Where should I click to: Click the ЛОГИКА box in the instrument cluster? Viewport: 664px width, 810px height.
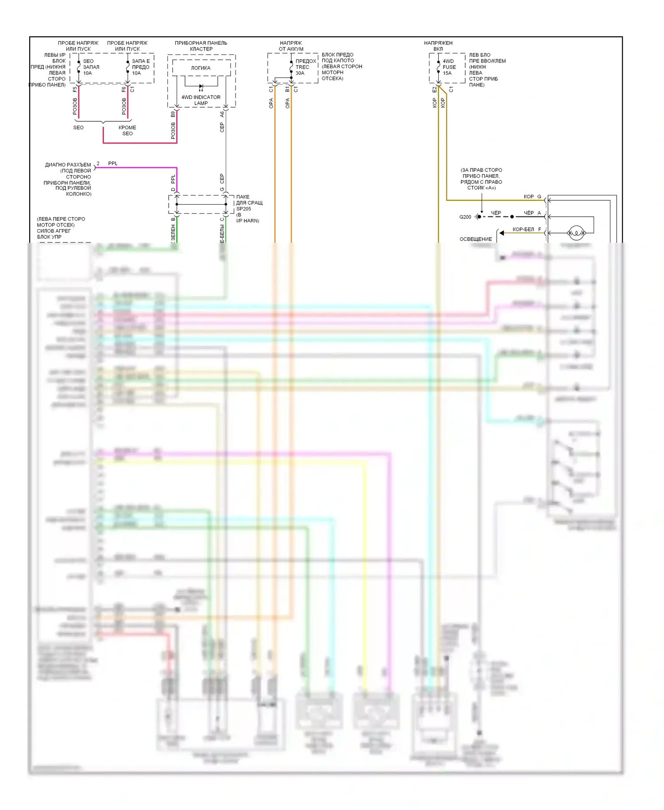[201, 68]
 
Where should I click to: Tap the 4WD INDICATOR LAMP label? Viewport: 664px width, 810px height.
[201, 100]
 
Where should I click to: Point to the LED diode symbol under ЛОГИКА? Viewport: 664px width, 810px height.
[201, 87]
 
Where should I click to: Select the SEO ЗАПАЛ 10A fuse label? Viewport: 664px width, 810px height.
[91, 67]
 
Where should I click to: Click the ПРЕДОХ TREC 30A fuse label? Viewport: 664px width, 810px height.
[305, 67]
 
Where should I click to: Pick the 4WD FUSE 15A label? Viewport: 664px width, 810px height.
[449, 67]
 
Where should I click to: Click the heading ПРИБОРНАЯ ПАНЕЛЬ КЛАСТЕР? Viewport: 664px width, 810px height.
[201, 46]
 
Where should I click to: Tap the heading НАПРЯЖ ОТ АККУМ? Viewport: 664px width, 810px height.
[291, 46]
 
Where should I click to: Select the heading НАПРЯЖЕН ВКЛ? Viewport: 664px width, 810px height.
[438, 46]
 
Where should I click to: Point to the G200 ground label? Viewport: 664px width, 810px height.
[465, 217]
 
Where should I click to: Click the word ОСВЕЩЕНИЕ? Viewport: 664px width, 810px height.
[475, 239]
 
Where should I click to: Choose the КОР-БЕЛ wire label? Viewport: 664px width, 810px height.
[523, 230]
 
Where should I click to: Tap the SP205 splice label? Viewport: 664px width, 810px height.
[243, 209]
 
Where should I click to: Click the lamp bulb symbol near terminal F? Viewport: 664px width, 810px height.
[576, 232]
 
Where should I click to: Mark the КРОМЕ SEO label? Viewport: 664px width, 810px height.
[127, 130]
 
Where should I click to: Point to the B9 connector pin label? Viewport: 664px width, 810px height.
[173, 114]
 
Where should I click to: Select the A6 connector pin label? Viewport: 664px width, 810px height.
[222, 114]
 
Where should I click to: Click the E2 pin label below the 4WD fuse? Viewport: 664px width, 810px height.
[435, 90]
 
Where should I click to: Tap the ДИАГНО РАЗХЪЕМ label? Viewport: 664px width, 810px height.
[68, 165]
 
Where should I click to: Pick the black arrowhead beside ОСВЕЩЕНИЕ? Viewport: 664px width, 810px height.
[502, 233]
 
